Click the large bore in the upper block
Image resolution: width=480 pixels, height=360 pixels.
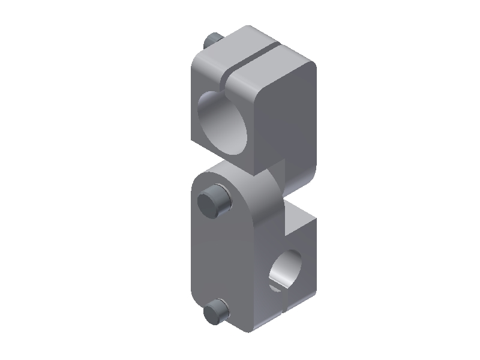223,123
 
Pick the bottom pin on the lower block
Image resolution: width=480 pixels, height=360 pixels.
215,313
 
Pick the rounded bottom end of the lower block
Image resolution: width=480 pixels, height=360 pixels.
240,327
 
